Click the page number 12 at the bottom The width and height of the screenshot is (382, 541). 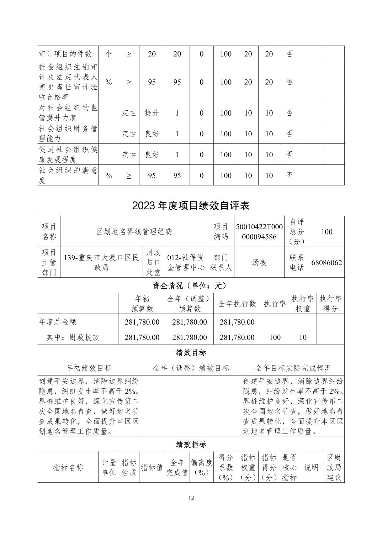pos(191,498)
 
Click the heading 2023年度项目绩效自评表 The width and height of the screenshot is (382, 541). pos(191,205)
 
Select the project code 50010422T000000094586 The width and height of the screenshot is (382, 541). pos(259,232)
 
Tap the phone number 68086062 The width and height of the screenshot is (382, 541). pos(327,263)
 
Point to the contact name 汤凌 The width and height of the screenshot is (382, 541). pos(259,263)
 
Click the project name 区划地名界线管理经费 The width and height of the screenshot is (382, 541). pos(134,232)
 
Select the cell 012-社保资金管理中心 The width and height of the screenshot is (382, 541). pos(186,263)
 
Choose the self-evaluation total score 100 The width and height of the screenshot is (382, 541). pos(327,232)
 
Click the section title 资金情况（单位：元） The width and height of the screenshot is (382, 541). pos(191,285)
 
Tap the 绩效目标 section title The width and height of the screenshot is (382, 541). pos(191,353)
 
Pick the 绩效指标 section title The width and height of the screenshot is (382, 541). pos(191,444)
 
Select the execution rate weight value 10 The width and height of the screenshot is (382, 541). pos(303,337)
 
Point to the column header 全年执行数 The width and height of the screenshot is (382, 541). pos(237,304)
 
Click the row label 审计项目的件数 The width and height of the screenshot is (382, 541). pos(65,54)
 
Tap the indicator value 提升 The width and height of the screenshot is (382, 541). pos(152,113)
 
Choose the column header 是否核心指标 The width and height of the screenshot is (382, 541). pos(290,467)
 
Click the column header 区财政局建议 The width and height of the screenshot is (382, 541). pos(334,467)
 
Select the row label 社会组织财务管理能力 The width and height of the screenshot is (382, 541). pos(68,133)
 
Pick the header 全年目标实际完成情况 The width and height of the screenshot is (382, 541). pos(293,368)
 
